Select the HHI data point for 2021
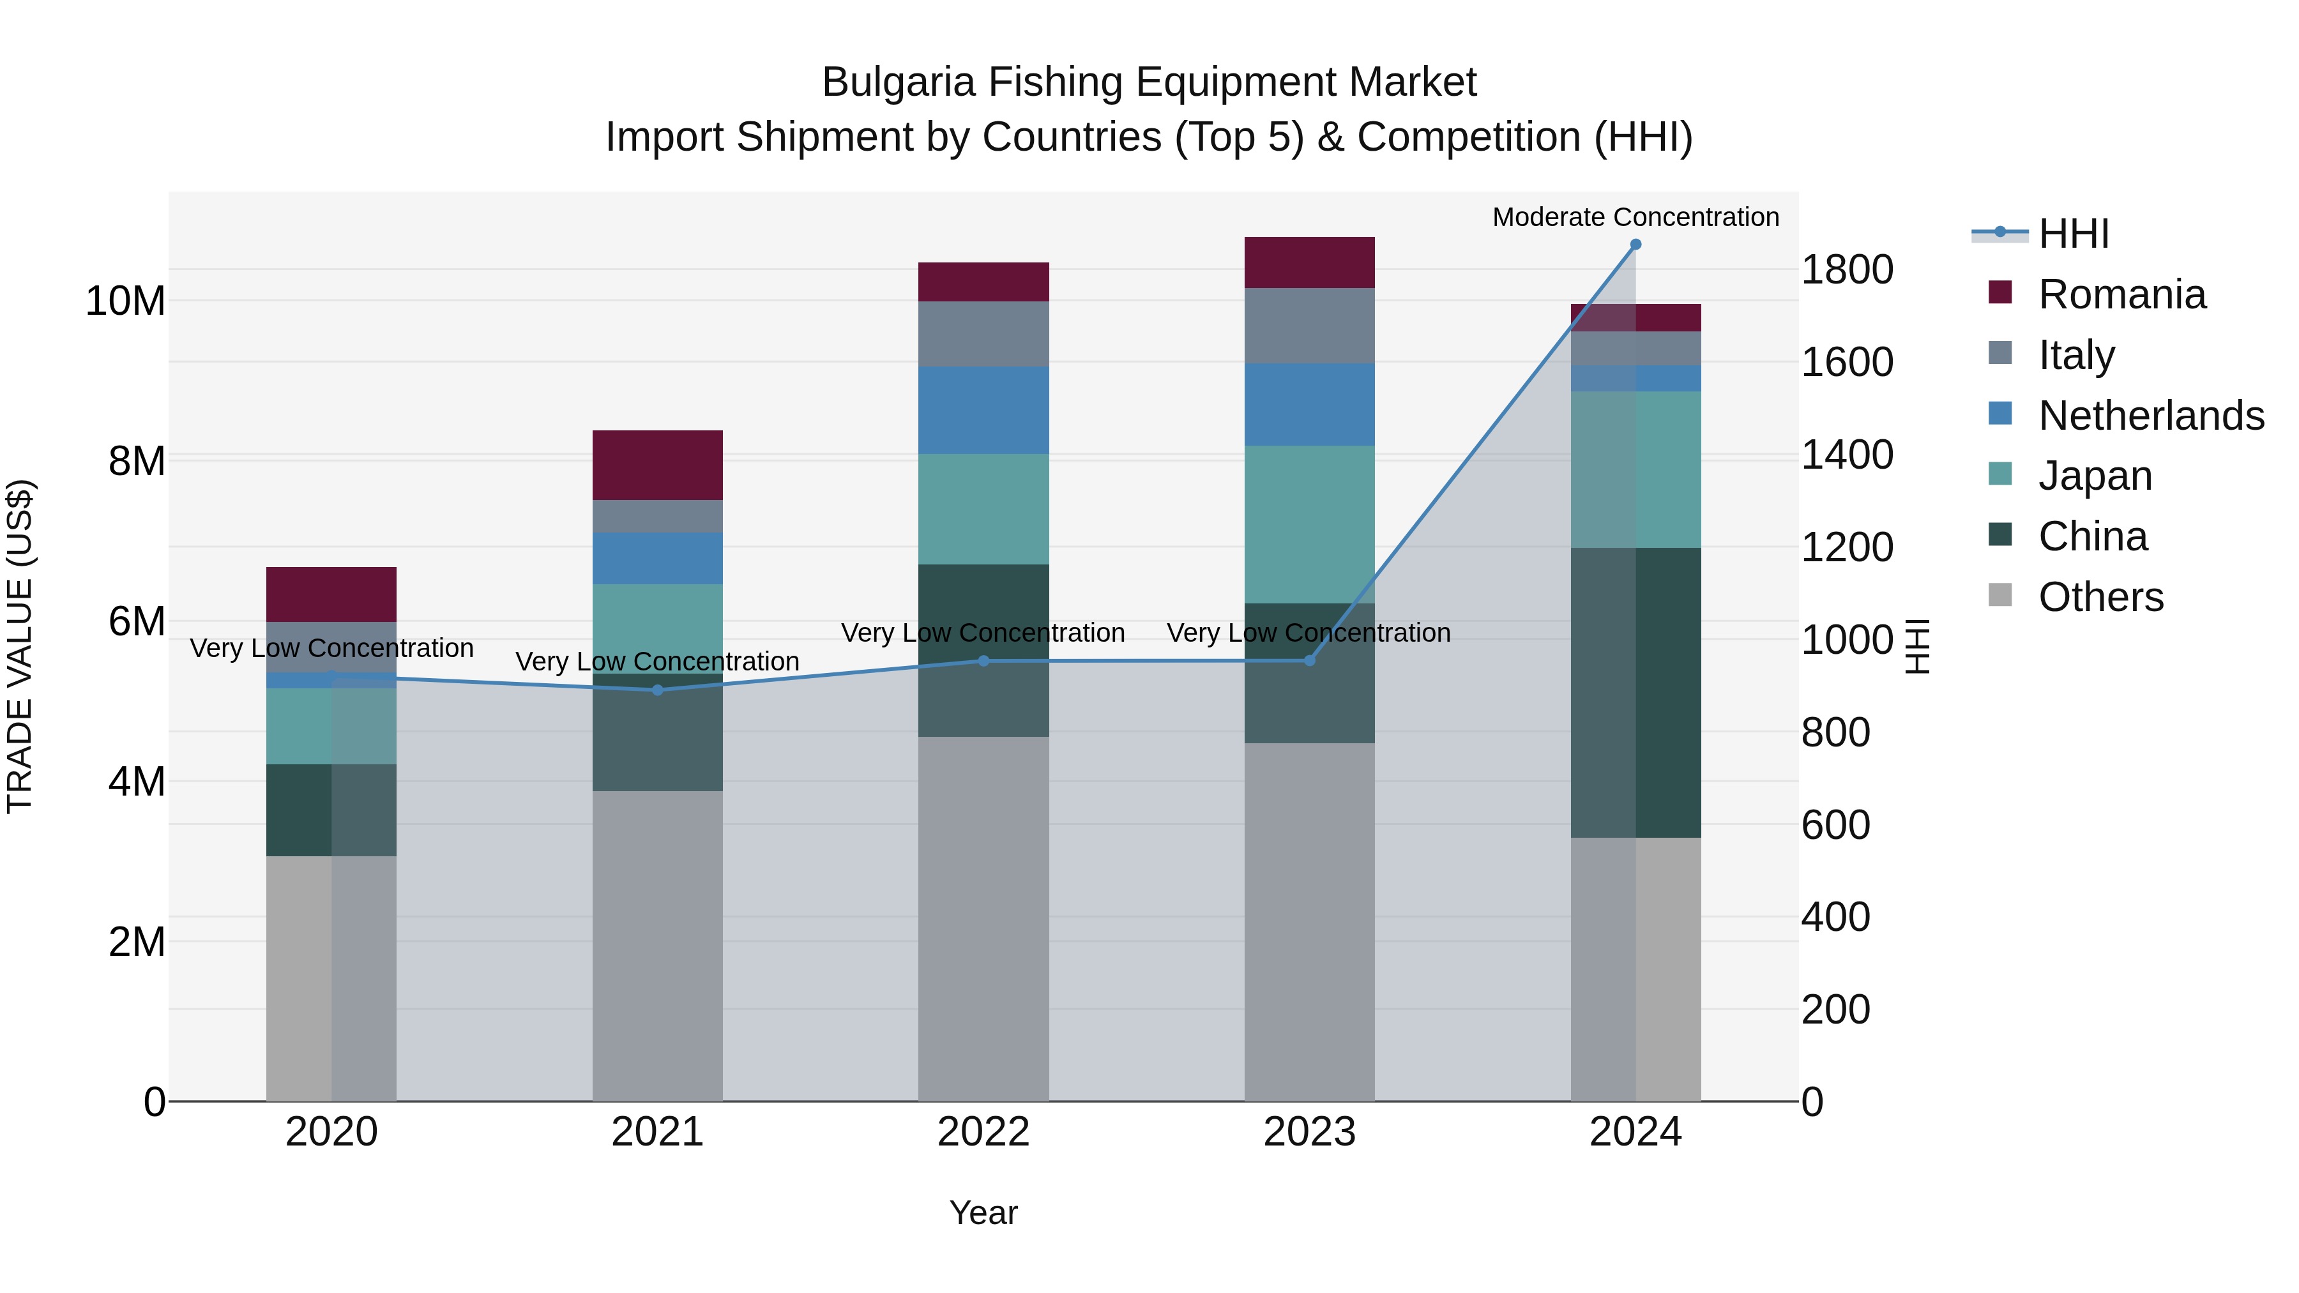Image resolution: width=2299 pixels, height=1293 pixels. pyautogui.click(x=658, y=690)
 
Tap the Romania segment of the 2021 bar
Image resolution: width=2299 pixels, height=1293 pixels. pyautogui.click(x=658, y=465)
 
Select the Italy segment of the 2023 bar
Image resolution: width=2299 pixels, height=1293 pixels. pyautogui.click(x=1309, y=325)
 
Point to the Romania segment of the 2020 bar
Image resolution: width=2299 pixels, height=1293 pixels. pyautogui.click(x=331, y=593)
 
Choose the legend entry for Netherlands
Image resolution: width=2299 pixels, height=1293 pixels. pyautogui.click(x=2151, y=416)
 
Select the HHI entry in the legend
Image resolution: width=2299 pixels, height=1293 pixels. pyautogui.click(x=2072, y=234)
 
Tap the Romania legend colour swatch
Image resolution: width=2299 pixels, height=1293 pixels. pyautogui.click(x=2000, y=292)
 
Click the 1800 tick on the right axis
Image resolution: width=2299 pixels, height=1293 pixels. pyautogui.click(x=1846, y=269)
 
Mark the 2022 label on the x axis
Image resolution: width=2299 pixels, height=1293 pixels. pyautogui.click(x=983, y=1131)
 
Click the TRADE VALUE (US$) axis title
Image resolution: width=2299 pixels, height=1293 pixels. pyautogui.click(x=20, y=646)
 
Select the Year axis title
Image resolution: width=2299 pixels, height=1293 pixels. pyautogui.click(x=983, y=1213)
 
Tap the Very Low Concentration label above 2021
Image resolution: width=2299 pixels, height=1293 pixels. pyautogui.click(x=658, y=662)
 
